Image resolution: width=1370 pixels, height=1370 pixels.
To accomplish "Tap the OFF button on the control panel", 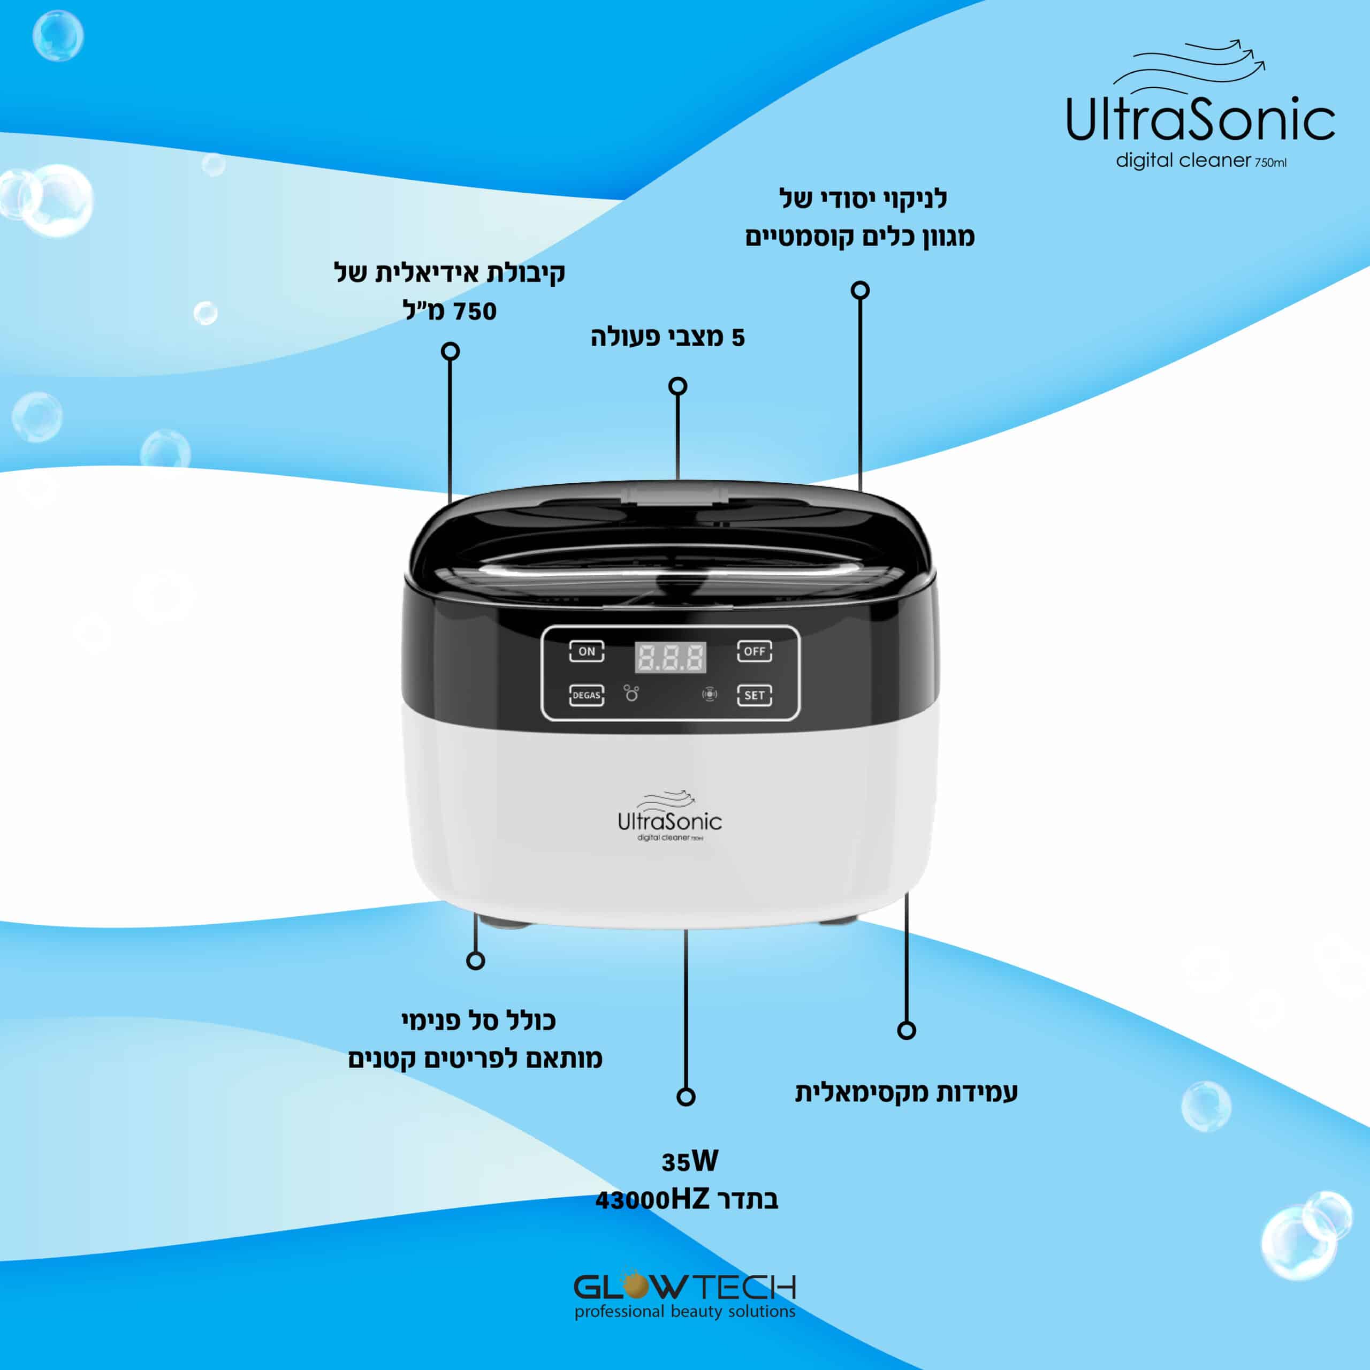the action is click(x=754, y=651).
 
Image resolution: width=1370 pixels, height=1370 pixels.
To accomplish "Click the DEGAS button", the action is click(x=587, y=695).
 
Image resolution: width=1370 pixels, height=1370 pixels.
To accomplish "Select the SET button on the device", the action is click(x=754, y=695).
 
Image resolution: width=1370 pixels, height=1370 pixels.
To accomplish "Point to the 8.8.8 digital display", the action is click(x=670, y=657).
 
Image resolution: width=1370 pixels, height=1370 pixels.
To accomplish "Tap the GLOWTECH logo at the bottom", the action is click(x=685, y=1285).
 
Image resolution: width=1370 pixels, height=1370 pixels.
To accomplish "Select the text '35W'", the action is click(x=689, y=1161).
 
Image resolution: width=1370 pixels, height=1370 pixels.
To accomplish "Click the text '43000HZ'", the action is click(x=652, y=1200).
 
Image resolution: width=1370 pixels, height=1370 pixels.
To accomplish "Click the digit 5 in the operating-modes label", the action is click(x=738, y=338).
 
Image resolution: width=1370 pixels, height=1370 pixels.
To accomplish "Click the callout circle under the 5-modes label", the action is click(x=678, y=386).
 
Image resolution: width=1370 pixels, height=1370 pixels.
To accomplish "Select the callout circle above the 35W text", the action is click(x=686, y=1097).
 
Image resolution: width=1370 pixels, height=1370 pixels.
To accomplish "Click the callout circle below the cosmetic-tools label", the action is click(x=860, y=290).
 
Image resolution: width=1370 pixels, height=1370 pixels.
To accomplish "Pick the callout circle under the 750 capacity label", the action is click(x=450, y=351).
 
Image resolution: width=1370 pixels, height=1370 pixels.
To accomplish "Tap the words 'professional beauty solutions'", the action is click(x=685, y=1311).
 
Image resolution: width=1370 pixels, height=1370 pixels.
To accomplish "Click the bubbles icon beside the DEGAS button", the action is click(x=631, y=693).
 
